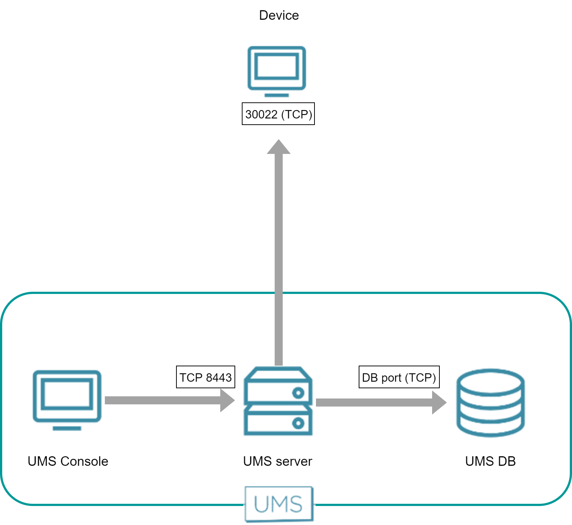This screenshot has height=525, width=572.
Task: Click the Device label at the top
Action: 279,15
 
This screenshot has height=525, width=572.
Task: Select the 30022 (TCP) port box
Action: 278,114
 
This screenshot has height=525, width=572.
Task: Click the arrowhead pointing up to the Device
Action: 279,147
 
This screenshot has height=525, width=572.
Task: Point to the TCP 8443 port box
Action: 205,377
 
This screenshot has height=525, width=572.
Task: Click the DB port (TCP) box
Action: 399,377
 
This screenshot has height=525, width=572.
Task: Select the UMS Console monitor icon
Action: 67,397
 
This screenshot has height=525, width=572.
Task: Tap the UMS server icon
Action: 278,401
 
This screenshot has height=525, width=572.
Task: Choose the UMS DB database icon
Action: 490,403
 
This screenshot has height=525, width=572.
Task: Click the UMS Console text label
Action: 68,461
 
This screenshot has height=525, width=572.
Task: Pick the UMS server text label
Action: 278,461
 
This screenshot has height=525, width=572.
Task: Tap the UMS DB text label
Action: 490,461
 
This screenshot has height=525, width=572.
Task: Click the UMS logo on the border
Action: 279,504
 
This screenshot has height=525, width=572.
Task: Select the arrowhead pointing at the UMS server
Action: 227,400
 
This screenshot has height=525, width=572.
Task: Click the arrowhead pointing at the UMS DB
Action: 439,403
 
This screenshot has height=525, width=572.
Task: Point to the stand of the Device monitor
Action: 277,95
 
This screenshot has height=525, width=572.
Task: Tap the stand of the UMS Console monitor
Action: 67,428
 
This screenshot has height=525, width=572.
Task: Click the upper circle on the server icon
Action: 298,393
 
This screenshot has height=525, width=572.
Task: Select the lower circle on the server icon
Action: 298,423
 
